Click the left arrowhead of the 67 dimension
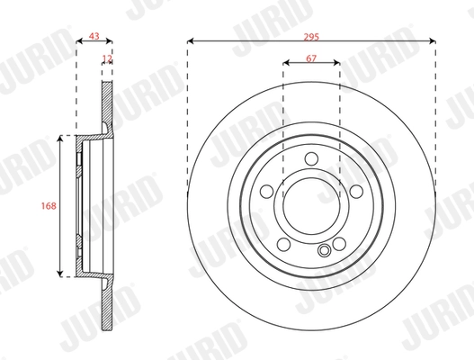285,65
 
